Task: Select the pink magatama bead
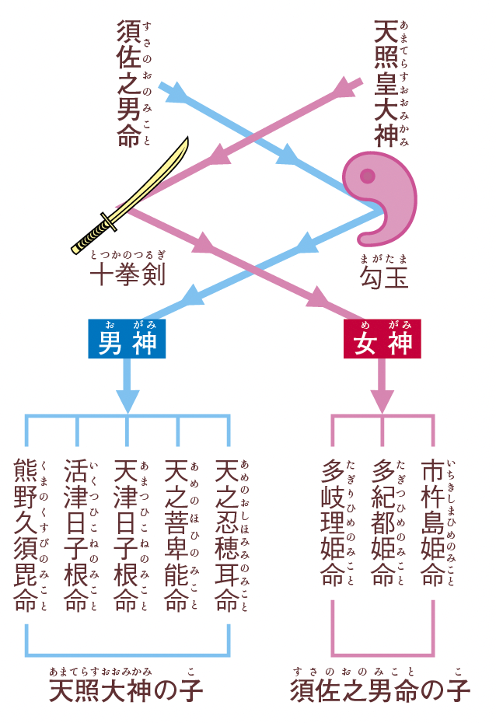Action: coord(385,198)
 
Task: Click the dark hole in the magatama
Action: coord(366,176)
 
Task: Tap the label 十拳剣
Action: coord(127,274)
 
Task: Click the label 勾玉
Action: coord(383,277)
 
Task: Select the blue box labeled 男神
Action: coord(127,341)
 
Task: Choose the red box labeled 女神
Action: coord(382,341)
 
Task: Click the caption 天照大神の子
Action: coord(126,690)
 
